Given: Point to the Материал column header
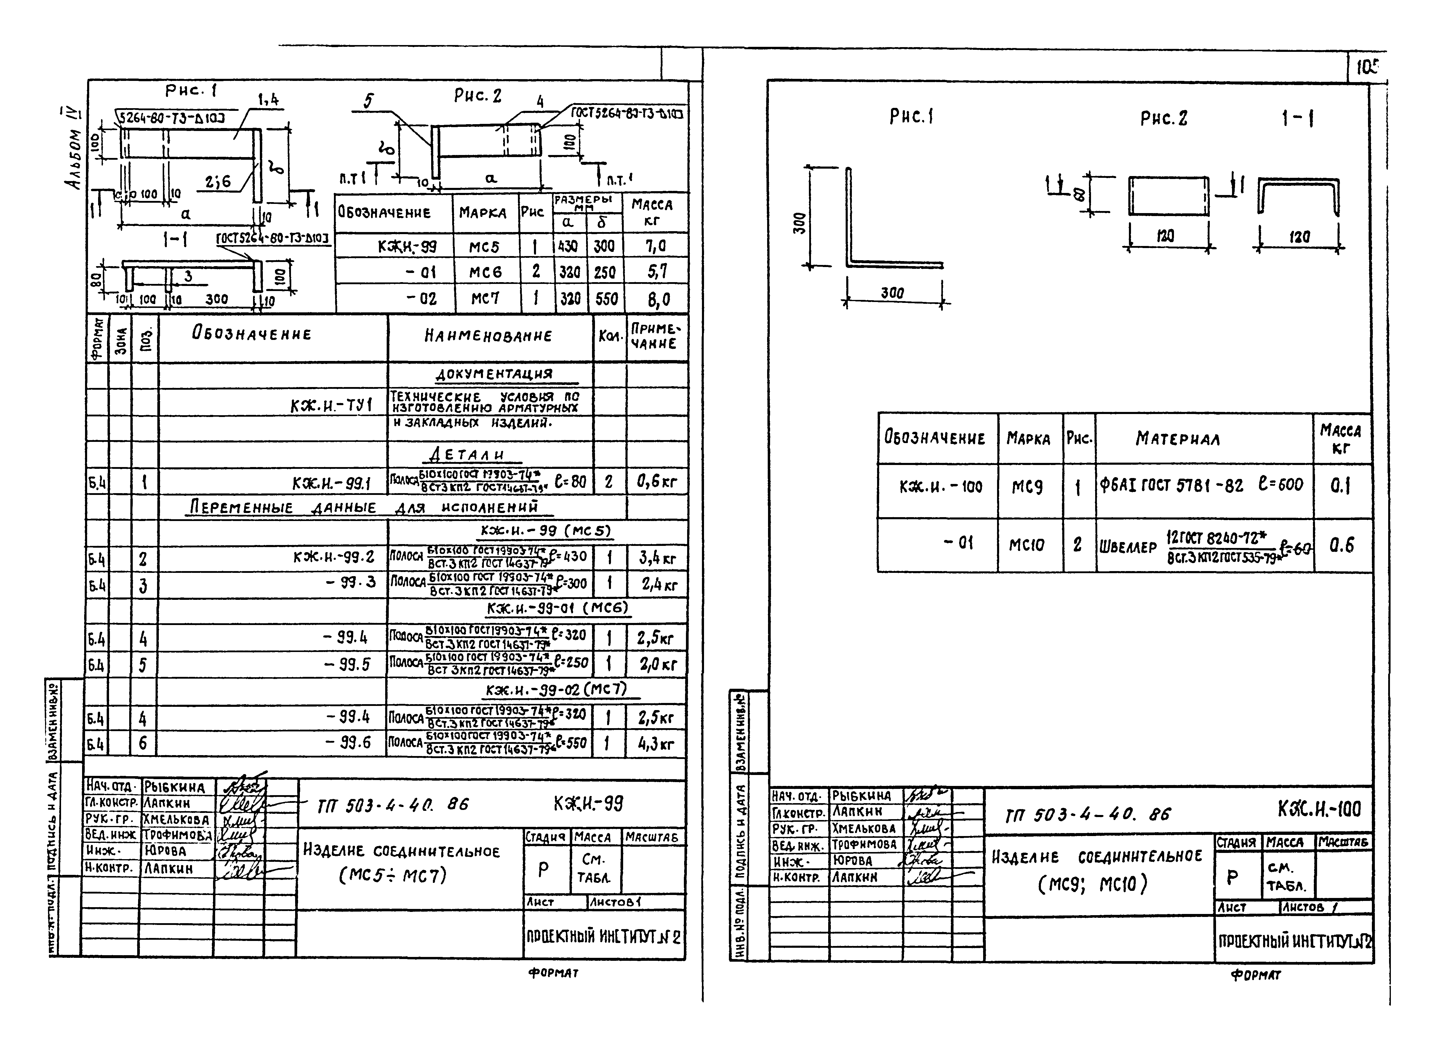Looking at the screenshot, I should coord(1177,439).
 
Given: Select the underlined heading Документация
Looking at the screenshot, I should coord(493,374).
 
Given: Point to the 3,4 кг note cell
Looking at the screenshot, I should coord(657,559).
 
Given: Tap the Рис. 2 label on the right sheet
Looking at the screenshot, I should coord(1163,118).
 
